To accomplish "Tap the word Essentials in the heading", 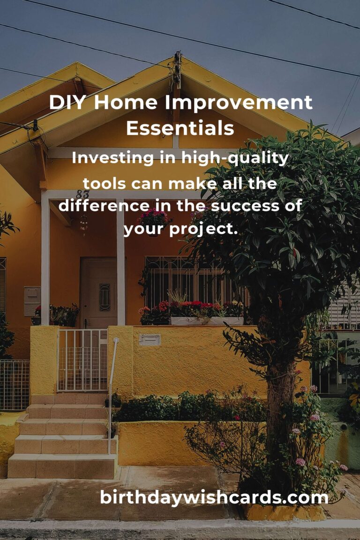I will coord(180,128).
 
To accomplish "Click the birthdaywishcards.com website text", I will coord(214,497).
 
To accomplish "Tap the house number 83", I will coord(82,194).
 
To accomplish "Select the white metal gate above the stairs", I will coord(82,360).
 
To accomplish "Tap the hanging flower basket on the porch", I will coord(154,218).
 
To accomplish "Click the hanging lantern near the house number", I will coord(84,222).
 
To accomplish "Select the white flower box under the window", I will coord(206,321).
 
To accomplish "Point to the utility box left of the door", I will coord(32,300).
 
